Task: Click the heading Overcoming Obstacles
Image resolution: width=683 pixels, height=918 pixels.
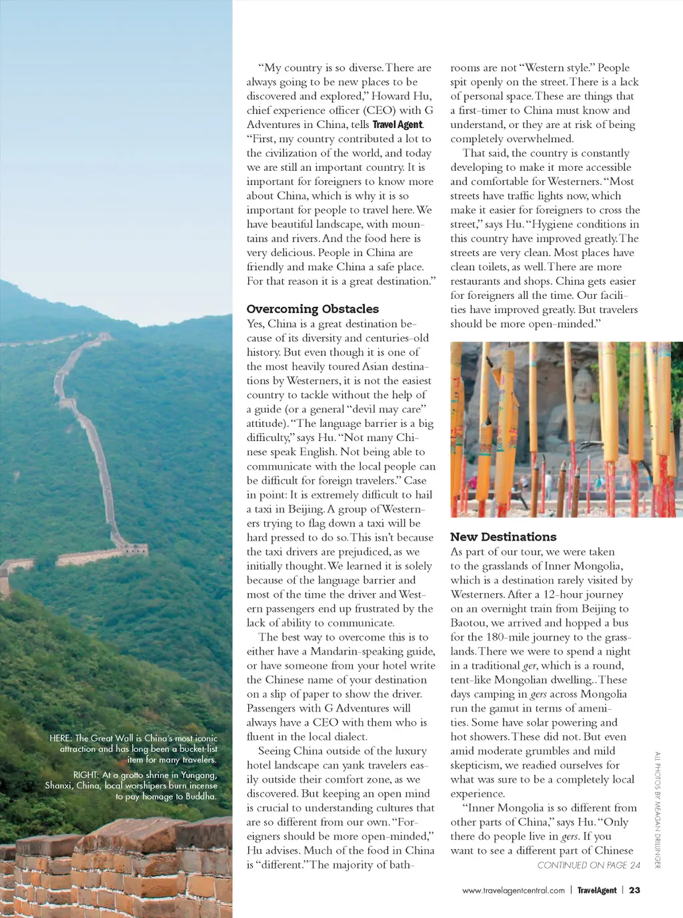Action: click(312, 309)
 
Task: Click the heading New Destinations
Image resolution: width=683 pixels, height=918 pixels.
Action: click(503, 537)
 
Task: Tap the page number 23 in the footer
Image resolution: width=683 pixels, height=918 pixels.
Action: click(634, 890)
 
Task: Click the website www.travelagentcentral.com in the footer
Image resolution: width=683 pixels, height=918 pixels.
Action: click(513, 890)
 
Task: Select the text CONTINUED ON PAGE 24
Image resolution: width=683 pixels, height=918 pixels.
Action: click(588, 865)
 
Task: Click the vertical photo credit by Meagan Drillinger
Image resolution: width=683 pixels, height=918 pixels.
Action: click(657, 809)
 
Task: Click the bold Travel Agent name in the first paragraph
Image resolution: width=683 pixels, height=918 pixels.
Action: click(398, 125)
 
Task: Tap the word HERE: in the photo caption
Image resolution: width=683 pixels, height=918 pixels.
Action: click(61, 738)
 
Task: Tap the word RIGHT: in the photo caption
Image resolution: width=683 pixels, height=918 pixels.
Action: click(86, 775)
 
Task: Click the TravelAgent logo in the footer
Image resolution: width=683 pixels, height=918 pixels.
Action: click(597, 890)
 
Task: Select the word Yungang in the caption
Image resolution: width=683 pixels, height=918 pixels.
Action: click(199, 775)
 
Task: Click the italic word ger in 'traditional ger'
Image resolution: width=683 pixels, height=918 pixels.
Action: click(530, 666)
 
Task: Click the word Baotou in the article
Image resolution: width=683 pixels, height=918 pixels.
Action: click(469, 623)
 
